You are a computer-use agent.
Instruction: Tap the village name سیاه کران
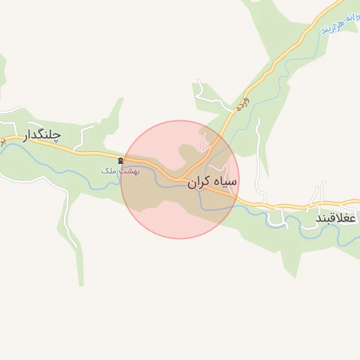[x=212, y=182]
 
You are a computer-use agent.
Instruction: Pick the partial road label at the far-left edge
[x=2, y=141]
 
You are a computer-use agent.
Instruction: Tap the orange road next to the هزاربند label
[x=309, y=31]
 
